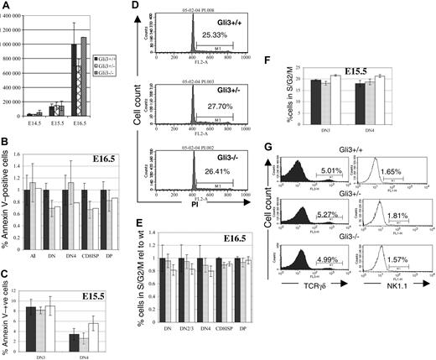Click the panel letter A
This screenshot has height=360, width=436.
tap(7, 8)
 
